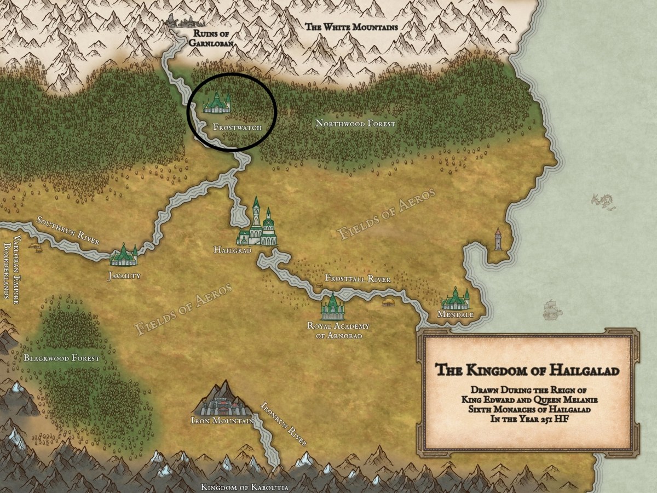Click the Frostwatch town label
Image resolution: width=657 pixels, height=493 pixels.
[237, 127]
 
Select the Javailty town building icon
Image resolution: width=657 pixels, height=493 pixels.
[124, 255]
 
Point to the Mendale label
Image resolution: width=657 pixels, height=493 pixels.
[456, 315]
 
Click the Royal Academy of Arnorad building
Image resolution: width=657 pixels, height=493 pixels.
[332, 307]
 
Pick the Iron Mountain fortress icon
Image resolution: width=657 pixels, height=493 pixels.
[222, 399]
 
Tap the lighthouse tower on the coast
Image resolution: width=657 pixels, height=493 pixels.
[497, 239]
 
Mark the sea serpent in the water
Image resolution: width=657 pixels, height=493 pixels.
[603, 201]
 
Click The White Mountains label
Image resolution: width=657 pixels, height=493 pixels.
[351, 26]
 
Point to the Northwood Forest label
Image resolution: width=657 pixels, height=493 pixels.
[355, 124]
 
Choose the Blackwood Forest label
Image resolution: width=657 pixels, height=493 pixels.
[61, 358]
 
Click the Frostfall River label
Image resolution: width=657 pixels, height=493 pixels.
[358, 279]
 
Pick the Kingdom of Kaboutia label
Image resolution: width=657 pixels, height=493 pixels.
[244, 487]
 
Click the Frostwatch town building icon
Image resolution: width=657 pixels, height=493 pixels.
[217, 102]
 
